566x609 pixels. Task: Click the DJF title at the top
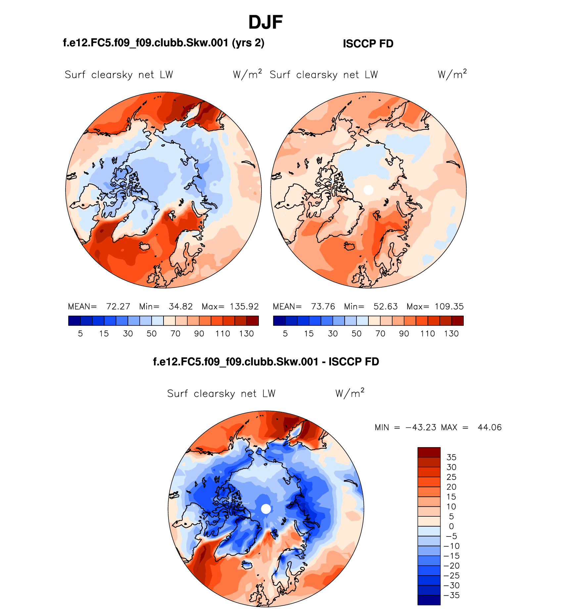[265, 23]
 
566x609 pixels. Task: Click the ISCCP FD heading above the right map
[368, 44]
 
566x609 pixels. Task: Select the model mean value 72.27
[118, 306]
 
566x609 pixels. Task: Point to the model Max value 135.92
[244, 306]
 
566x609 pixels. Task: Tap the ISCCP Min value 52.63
[386, 306]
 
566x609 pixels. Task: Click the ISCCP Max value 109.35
[449, 306]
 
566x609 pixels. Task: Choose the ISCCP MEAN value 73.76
[323, 306]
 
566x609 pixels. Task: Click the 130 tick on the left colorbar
[247, 334]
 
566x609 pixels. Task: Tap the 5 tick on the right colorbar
[285, 334]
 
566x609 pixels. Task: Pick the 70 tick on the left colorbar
[175, 334]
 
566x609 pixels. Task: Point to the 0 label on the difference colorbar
[451, 527]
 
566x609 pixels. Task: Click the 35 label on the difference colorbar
[451, 457]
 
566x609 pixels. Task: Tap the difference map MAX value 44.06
[490, 428]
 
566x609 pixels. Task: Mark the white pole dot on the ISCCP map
[368, 190]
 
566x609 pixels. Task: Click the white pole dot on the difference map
[266, 509]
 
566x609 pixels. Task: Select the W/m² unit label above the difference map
[350, 393]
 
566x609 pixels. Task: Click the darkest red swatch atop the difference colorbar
[429, 452]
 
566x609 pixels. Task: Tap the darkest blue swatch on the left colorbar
[74, 321]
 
